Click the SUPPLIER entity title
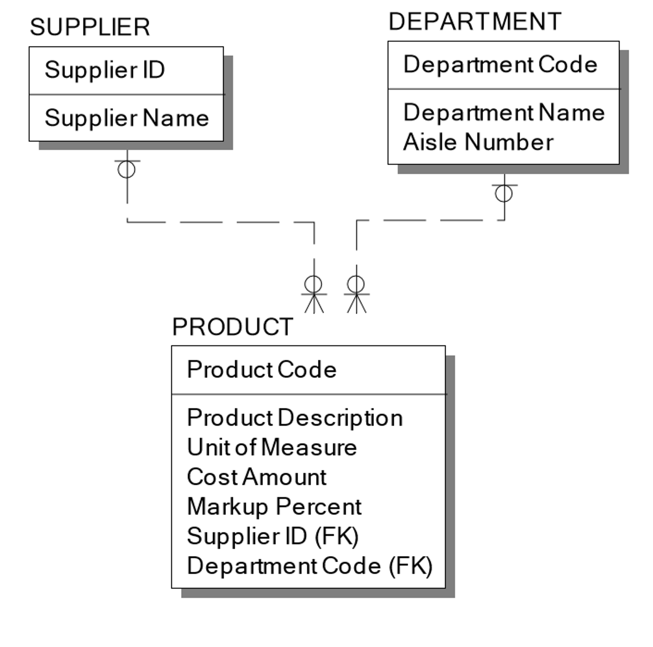coord(90,27)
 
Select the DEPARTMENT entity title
coord(475,22)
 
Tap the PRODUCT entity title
coord(233,327)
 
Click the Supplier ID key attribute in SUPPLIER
coord(105,70)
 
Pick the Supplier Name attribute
coord(127,118)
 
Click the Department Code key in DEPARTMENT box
coord(500,64)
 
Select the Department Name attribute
coord(504,113)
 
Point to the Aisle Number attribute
coord(478,142)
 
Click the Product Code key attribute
coord(262,369)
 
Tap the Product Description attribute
coord(295,418)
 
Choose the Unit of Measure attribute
coord(272,447)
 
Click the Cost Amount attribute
coord(257,477)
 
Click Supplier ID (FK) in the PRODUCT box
coord(273,537)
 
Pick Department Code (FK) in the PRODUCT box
coord(310,566)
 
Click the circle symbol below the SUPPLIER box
coord(127,170)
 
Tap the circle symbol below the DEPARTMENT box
coord(504,194)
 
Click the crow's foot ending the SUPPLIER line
coord(314,303)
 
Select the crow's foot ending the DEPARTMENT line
coord(357,303)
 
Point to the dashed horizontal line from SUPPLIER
coord(220,222)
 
